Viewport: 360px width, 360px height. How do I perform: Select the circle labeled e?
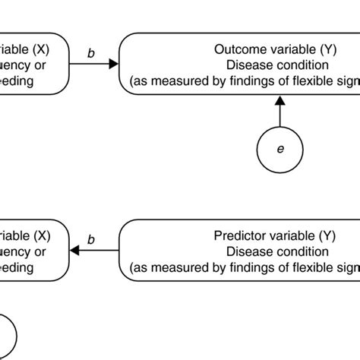(x=280, y=149)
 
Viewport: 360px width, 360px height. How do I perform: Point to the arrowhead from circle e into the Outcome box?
(x=280, y=101)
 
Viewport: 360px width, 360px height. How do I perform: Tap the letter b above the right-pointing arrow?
(x=91, y=53)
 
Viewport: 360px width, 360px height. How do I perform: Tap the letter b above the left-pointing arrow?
(x=91, y=241)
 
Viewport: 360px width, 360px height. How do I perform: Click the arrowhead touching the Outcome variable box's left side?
(x=115, y=65)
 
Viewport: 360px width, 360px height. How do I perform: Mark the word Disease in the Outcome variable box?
(x=245, y=65)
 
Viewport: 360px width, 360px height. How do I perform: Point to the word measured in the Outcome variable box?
(x=175, y=80)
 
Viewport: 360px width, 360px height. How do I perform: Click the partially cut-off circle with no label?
(x=6, y=334)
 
